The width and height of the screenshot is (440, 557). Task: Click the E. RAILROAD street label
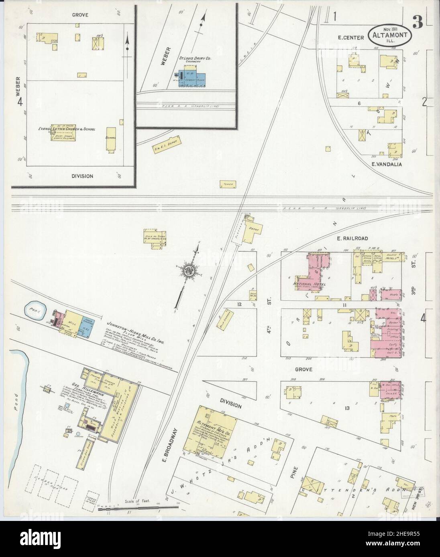[x=352, y=238]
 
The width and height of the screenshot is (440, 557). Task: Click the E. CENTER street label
[x=350, y=38]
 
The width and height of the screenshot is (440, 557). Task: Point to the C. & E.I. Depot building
[x=167, y=145]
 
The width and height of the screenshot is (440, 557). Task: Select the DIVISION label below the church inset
[x=82, y=176]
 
